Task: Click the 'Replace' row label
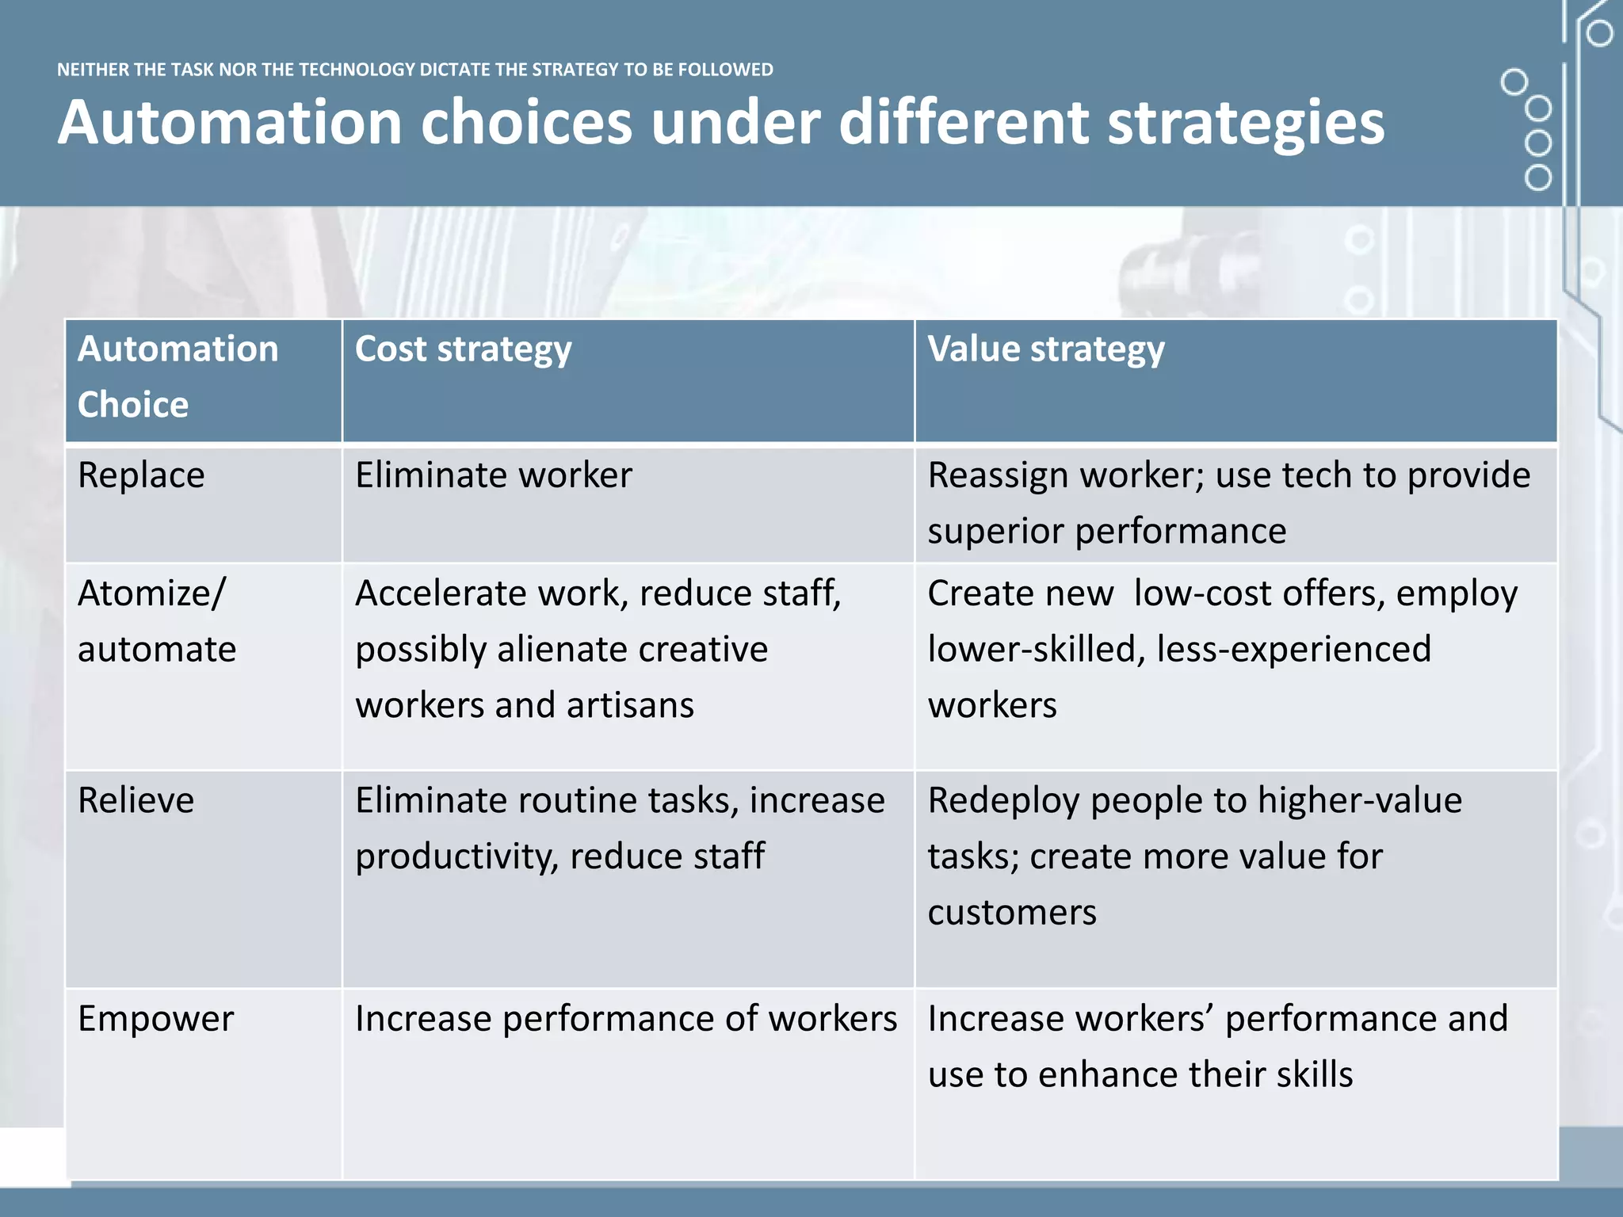pos(141,475)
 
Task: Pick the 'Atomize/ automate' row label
pos(157,620)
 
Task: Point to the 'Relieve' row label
pos(136,800)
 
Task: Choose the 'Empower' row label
pos(156,1019)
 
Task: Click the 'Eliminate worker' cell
pos(494,475)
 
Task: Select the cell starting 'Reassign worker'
pos(1228,502)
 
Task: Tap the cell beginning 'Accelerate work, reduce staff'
pos(598,648)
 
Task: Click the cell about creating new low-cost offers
pos(1222,648)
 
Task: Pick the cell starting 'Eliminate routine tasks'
pos(620,828)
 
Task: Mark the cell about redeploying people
pos(1195,856)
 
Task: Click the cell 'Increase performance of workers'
pos(626,1019)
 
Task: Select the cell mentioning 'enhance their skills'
pos(1218,1046)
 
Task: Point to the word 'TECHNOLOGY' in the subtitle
pos(357,70)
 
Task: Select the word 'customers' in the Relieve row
pos(1012,913)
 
